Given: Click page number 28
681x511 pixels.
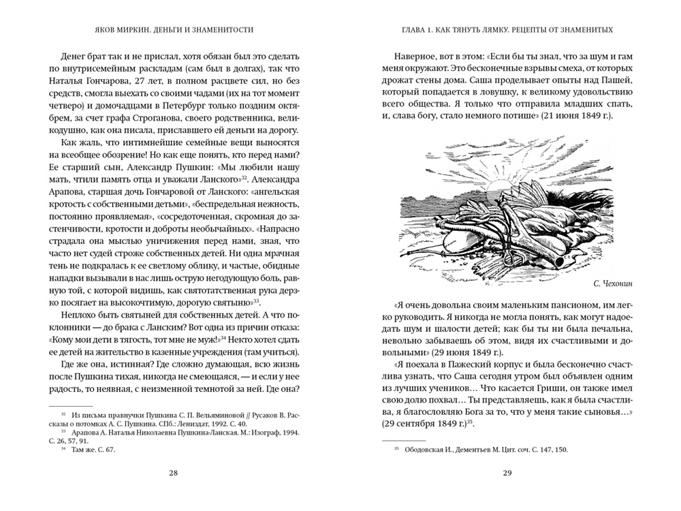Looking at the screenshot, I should (x=172, y=474).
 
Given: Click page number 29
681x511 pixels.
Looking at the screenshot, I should (x=507, y=474).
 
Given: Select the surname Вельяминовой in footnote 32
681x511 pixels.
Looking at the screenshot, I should (x=201, y=413).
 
